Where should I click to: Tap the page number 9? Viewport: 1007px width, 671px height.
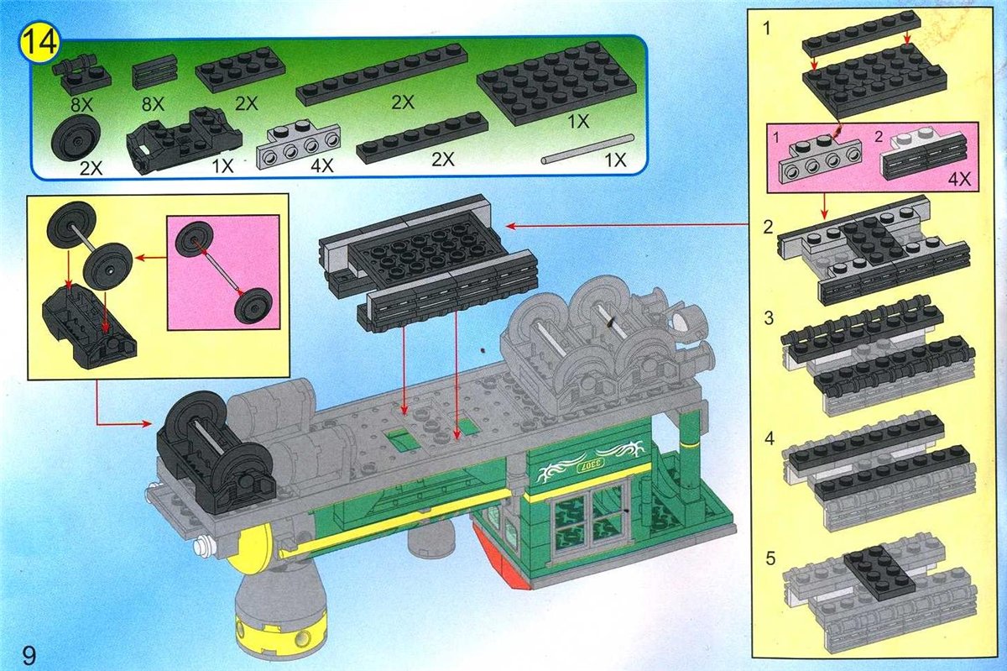29,656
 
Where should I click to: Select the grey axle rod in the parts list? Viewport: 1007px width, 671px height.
588,149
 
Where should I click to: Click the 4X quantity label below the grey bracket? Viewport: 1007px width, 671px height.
322,166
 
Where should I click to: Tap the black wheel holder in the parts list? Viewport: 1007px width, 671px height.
185,139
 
